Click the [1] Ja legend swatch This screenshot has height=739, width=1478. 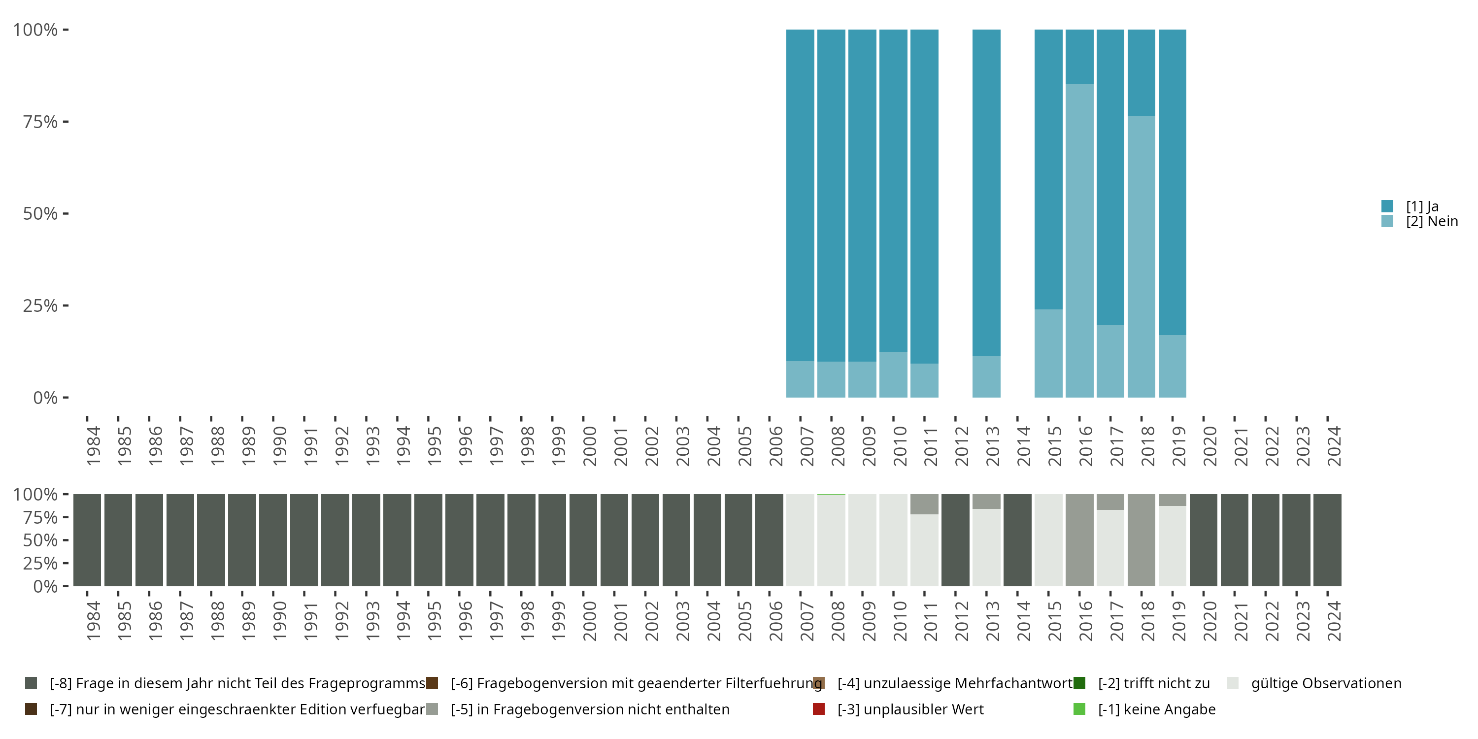[x=1387, y=206]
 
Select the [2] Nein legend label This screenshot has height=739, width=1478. [x=1432, y=222]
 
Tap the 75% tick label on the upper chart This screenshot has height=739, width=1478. [x=40, y=122]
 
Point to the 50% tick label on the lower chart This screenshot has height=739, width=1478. [x=40, y=540]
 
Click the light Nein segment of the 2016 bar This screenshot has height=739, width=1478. [x=1079, y=241]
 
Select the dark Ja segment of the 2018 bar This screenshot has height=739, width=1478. [x=1141, y=73]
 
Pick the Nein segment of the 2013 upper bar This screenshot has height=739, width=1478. [x=986, y=377]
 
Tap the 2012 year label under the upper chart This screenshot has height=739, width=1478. [x=962, y=446]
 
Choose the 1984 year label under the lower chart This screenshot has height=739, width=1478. [x=94, y=621]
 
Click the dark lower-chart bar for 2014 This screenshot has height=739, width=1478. [x=1017, y=540]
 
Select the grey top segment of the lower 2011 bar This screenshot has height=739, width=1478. [x=924, y=504]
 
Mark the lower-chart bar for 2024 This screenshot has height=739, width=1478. [x=1327, y=540]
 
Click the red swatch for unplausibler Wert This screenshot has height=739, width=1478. [x=819, y=709]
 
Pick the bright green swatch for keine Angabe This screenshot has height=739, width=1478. [x=1079, y=709]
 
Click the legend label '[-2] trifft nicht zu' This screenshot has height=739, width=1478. [x=1154, y=683]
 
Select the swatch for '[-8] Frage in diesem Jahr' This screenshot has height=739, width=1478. [x=31, y=683]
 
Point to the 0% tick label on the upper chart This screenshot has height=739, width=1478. [x=45, y=398]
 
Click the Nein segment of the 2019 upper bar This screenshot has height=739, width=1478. [x=1172, y=366]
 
